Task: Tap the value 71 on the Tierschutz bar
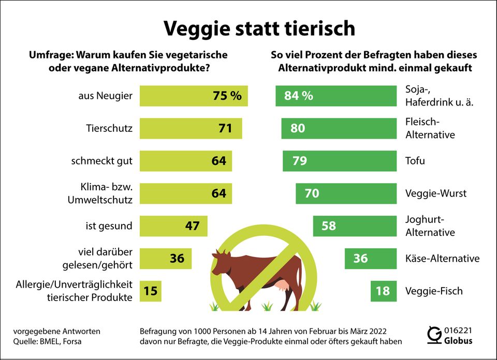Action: click(x=225, y=128)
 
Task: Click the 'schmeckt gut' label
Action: click(x=101, y=161)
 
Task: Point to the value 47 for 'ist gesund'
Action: click(x=192, y=226)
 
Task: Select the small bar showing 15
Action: click(x=150, y=291)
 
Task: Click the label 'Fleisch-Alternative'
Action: click(x=430, y=128)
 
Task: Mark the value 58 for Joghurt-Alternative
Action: click(x=329, y=226)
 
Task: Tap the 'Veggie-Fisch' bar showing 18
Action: click(x=384, y=291)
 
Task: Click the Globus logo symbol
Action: click(x=434, y=336)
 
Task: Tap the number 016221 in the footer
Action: click(x=458, y=331)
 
